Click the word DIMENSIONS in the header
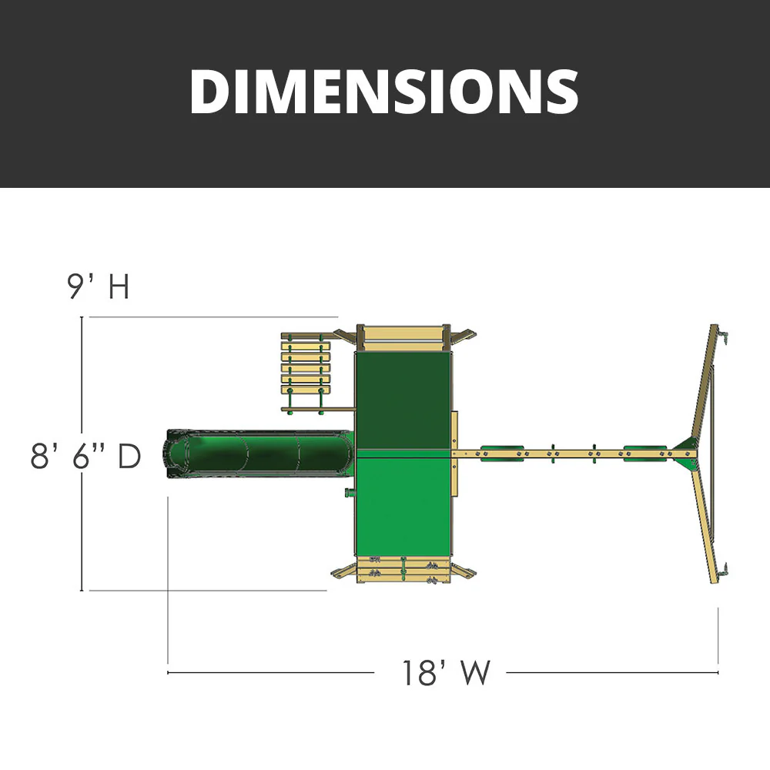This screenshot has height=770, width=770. pos(383,92)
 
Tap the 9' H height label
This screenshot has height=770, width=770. pos(98,287)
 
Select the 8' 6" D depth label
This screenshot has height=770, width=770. pos(85,457)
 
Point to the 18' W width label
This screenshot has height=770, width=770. pos(445,673)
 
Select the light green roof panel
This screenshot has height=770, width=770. pos(401,505)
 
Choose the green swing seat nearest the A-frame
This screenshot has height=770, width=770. pos(645,453)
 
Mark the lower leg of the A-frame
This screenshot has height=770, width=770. pos(705,524)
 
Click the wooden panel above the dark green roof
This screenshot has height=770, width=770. pos(402,336)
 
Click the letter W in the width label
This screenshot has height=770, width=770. pos(476,673)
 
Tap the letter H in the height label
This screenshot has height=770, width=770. pos(118,287)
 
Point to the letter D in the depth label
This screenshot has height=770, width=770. pos(129,457)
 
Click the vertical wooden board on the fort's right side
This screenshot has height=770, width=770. pos(454,454)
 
